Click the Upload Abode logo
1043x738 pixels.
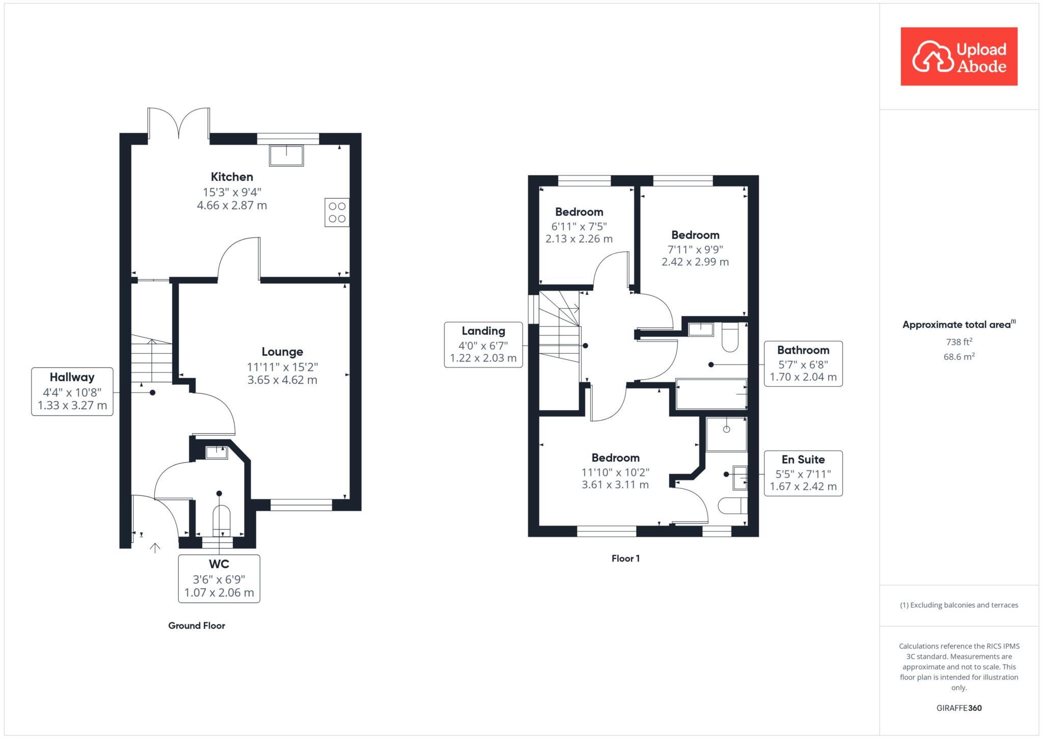click(x=958, y=57)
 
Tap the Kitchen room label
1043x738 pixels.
click(x=232, y=177)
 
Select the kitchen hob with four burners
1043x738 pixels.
click(x=337, y=213)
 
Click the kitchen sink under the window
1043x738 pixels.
click(x=286, y=155)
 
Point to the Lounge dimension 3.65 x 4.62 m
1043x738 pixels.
click(x=282, y=380)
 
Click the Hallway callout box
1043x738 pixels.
click(x=72, y=391)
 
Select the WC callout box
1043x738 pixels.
click(x=219, y=578)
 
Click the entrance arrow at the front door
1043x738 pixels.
click(x=155, y=548)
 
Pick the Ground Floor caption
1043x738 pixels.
click(x=197, y=625)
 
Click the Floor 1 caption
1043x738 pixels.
click(x=625, y=558)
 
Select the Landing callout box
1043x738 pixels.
click(x=483, y=345)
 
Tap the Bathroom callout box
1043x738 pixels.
click(x=803, y=363)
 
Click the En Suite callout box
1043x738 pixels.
click(x=803, y=473)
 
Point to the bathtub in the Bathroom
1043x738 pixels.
click(x=711, y=394)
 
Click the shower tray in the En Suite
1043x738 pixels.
click(x=726, y=434)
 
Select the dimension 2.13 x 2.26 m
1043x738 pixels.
click(x=579, y=239)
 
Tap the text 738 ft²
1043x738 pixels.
click(x=958, y=342)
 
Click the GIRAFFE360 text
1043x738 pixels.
click(x=958, y=708)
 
